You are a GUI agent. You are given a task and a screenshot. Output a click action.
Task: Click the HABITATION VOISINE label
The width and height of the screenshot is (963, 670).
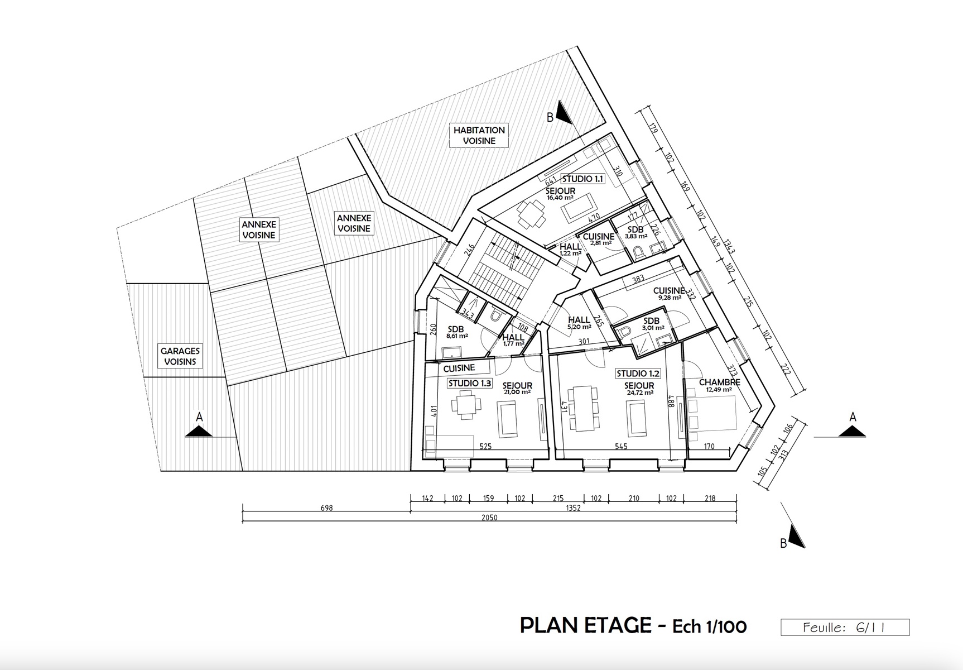pyautogui.click(x=479, y=135)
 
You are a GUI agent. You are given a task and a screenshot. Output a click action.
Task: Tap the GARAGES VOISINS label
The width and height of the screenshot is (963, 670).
pyautogui.click(x=180, y=356)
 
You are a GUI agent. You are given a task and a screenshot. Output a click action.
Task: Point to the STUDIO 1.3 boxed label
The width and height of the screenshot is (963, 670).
pyautogui.click(x=470, y=384)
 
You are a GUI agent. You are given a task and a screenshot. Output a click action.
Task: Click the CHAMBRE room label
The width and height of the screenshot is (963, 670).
pyautogui.click(x=719, y=382)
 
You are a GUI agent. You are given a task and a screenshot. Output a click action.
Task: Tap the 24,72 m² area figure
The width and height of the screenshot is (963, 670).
pyautogui.click(x=640, y=393)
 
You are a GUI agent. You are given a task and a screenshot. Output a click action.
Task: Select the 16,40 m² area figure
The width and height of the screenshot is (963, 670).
pyautogui.click(x=561, y=198)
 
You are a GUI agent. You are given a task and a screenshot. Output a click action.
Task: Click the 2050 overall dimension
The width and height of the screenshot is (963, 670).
pyautogui.click(x=489, y=518)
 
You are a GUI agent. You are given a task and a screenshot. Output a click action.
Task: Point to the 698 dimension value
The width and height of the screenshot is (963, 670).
pyautogui.click(x=327, y=508)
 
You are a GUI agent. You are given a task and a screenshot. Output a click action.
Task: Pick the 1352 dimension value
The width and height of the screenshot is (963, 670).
pyautogui.click(x=573, y=508)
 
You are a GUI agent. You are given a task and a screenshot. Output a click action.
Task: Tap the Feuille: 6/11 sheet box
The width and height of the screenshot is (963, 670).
pyautogui.click(x=845, y=628)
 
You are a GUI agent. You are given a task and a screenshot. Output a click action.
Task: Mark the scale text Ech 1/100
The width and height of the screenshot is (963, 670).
pyautogui.click(x=709, y=626)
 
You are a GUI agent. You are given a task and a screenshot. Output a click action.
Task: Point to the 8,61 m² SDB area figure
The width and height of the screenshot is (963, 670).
pyautogui.click(x=456, y=336)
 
